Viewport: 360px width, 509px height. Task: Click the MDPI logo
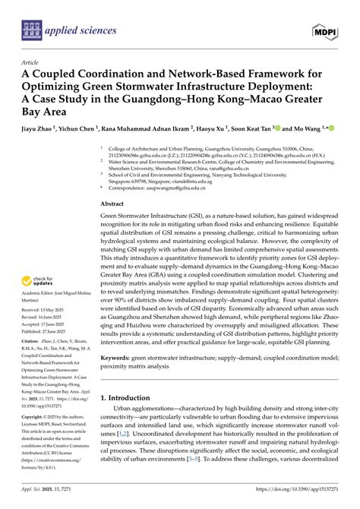pos(324,30)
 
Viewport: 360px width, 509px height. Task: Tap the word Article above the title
pos(31,63)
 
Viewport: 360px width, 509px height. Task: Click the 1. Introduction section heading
pos(131,397)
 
